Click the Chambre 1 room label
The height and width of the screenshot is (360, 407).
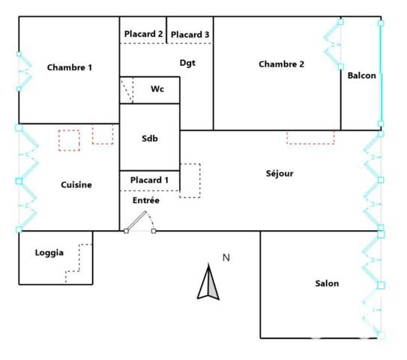click(x=70, y=67)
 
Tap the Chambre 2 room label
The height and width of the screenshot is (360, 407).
click(x=281, y=64)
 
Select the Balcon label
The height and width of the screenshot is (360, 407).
click(x=362, y=76)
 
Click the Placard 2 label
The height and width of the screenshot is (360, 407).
click(x=143, y=34)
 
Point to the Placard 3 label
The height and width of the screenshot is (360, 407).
click(x=190, y=34)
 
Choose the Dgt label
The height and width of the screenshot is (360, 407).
click(x=187, y=63)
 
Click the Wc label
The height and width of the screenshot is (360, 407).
click(x=157, y=89)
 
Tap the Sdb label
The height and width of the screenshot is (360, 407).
click(x=150, y=138)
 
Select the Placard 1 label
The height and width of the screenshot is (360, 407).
click(x=149, y=180)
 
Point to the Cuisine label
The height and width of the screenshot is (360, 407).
click(x=76, y=184)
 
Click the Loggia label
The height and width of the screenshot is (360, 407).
click(x=49, y=253)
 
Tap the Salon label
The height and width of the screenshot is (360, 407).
click(x=327, y=283)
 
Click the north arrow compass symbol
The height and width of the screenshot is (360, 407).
click(x=208, y=283)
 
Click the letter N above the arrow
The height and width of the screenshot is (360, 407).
click(x=226, y=258)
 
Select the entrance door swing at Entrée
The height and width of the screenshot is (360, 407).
click(x=140, y=221)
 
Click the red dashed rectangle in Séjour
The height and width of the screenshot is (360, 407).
click(x=310, y=137)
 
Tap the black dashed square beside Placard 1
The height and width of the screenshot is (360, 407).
click(x=190, y=181)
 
